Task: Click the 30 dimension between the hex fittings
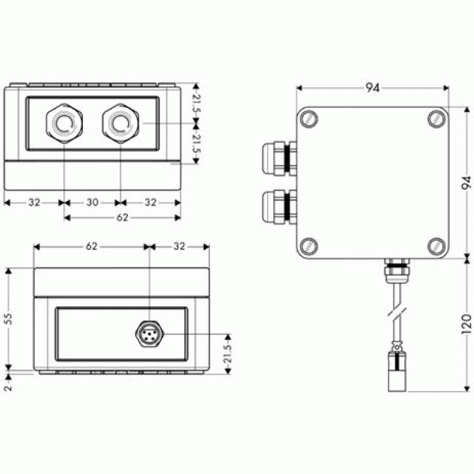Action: [x=92, y=202]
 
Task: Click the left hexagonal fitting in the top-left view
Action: [x=65, y=123]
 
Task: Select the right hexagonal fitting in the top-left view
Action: [x=121, y=123]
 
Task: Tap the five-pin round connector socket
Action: [x=149, y=334]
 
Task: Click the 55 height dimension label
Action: [x=9, y=319]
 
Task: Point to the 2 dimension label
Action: [x=8, y=387]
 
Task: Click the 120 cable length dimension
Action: [x=467, y=325]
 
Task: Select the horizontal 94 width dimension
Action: [x=373, y=88]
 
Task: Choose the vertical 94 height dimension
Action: [x=467, y=183]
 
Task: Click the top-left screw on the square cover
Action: [x=309, y=119]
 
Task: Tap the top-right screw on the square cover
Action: [x=437, y=119]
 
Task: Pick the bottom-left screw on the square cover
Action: [x=309, y=246]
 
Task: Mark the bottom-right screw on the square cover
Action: [x=437, y=246]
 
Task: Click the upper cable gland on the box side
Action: [x=279, y=159]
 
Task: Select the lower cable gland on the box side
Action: [x=279, y=207]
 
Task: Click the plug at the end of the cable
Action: [x=397, y=369]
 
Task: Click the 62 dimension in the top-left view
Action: [x=123, y=217]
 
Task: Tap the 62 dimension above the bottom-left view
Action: [x=92, y=246]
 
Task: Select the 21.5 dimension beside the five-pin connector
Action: [x=228, y=354]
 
